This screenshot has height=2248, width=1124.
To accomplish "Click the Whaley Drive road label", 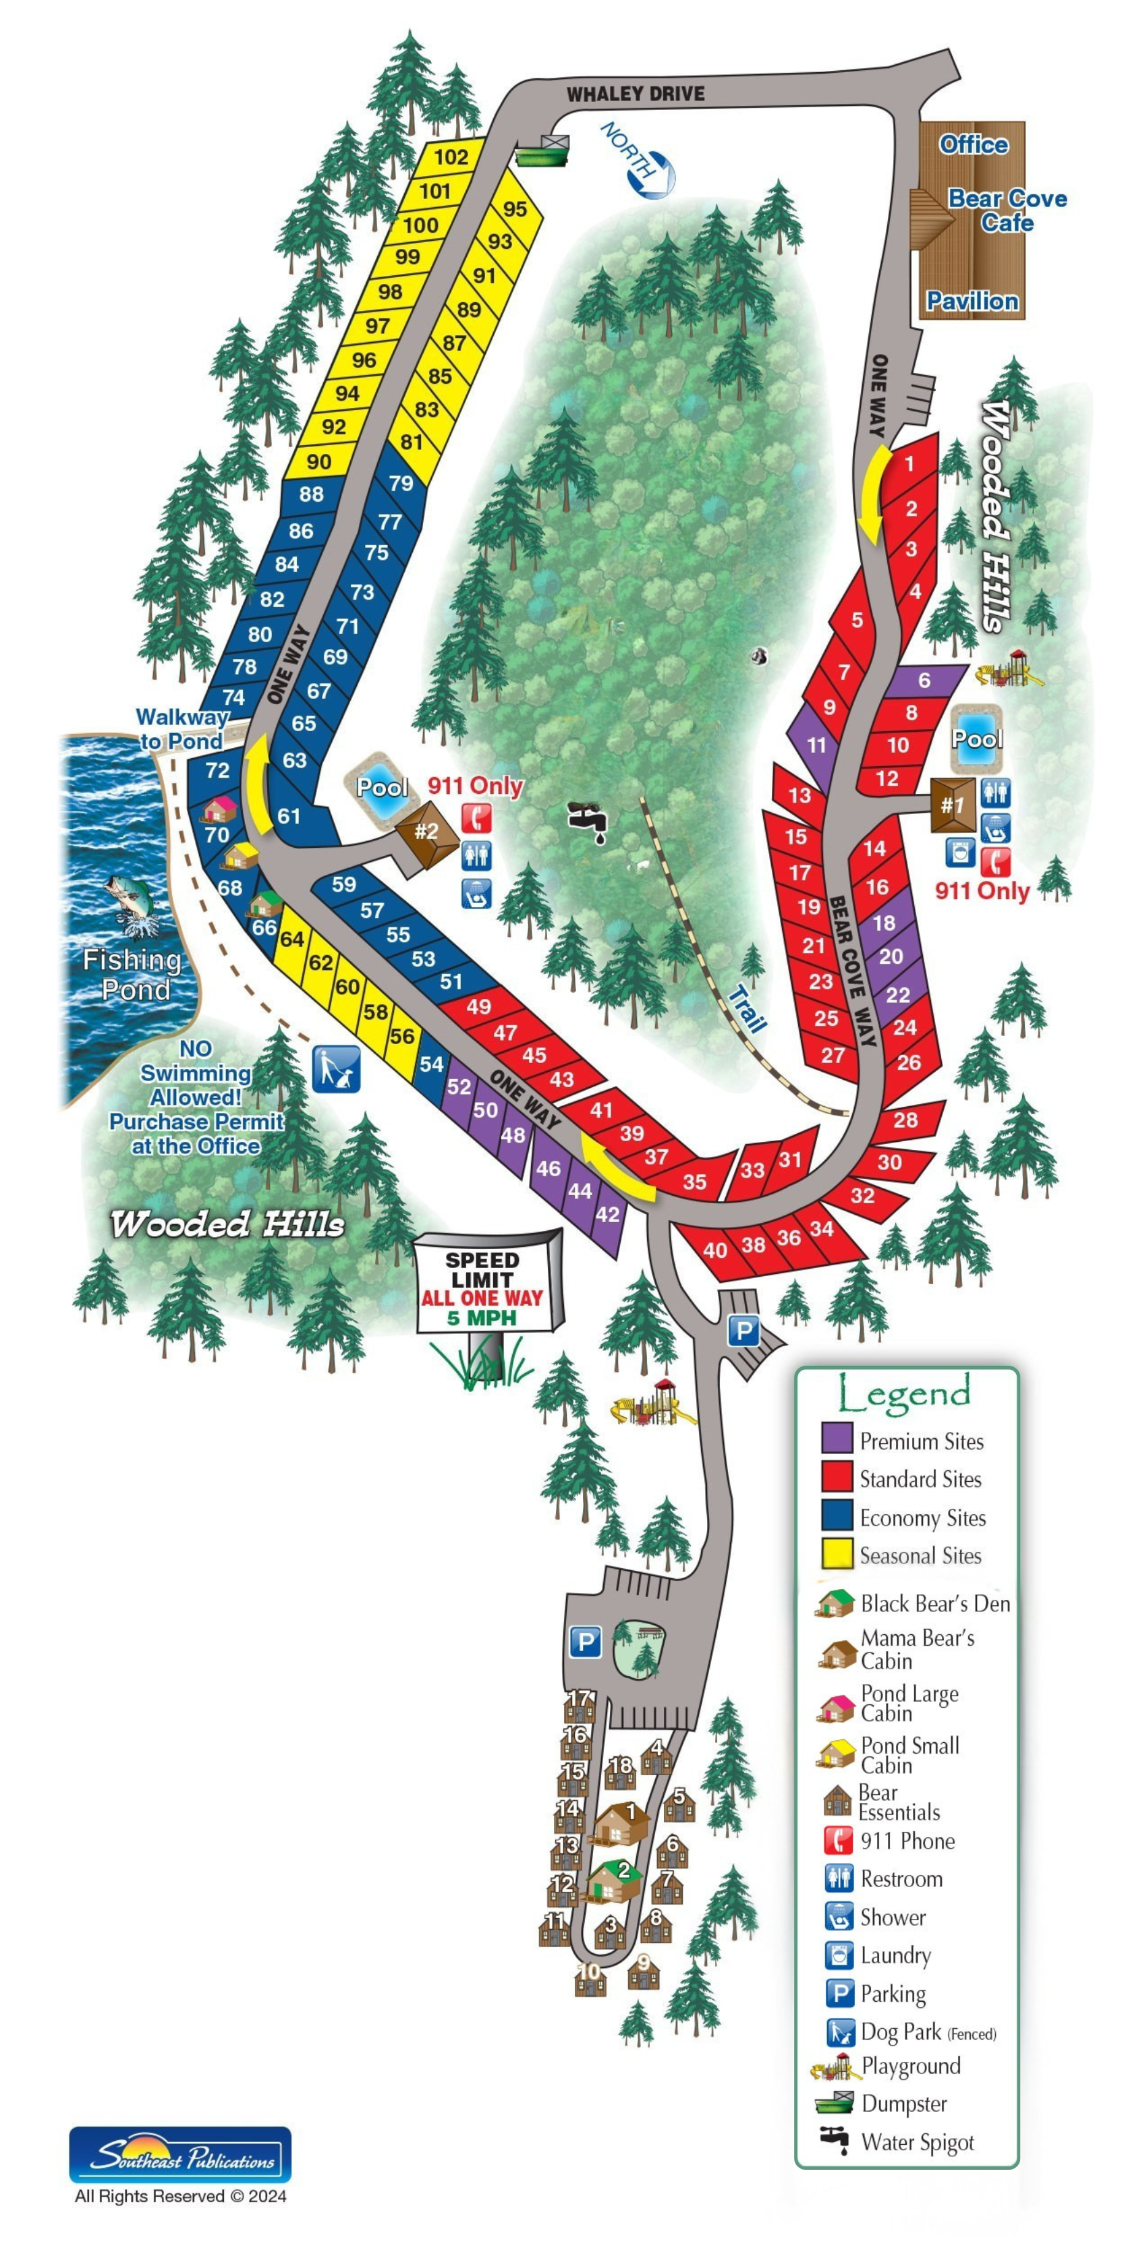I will (x=636, y=93).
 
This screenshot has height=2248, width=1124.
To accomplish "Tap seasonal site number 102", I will (x=451, y=157).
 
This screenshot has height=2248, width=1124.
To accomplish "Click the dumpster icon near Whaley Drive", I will (x=542, y=151).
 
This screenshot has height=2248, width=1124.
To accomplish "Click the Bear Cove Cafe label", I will (x=1007, y=210).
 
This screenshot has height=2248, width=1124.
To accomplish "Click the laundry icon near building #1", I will (x=960, y=853).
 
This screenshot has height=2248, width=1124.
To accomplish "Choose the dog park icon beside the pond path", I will (x=336, y=1069).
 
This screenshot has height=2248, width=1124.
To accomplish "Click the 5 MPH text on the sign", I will (x=482, y=1319).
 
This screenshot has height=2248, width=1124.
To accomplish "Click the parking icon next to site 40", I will (x=743, y=1331).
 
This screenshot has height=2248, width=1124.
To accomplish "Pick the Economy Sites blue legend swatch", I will (x=836, y=1517).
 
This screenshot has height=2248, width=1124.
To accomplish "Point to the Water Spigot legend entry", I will (x=916, y=2141).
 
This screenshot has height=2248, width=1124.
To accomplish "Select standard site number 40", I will (x=714, y=1250).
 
